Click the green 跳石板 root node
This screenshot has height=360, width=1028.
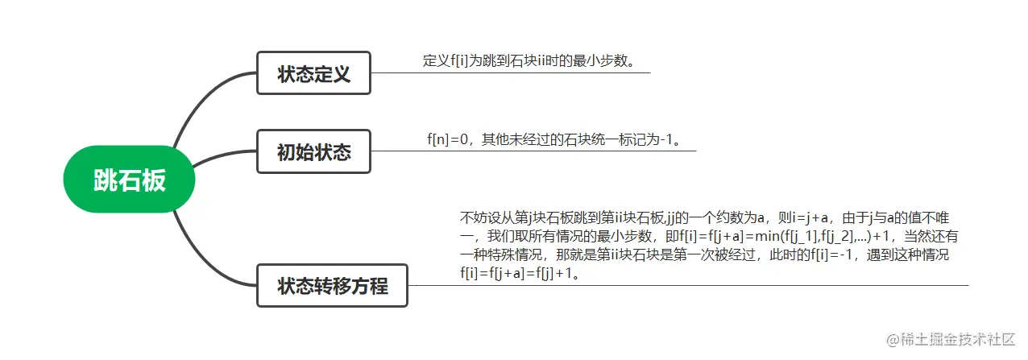tap(129, 180)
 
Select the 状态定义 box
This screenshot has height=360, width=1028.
tap(313, 73)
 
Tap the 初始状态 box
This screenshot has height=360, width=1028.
tap(313, 151)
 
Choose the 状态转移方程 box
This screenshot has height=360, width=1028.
tap(332, 285)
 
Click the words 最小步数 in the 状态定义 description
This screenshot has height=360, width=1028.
tap(599, 61)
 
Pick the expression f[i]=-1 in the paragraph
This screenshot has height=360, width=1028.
tap(839, 255)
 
